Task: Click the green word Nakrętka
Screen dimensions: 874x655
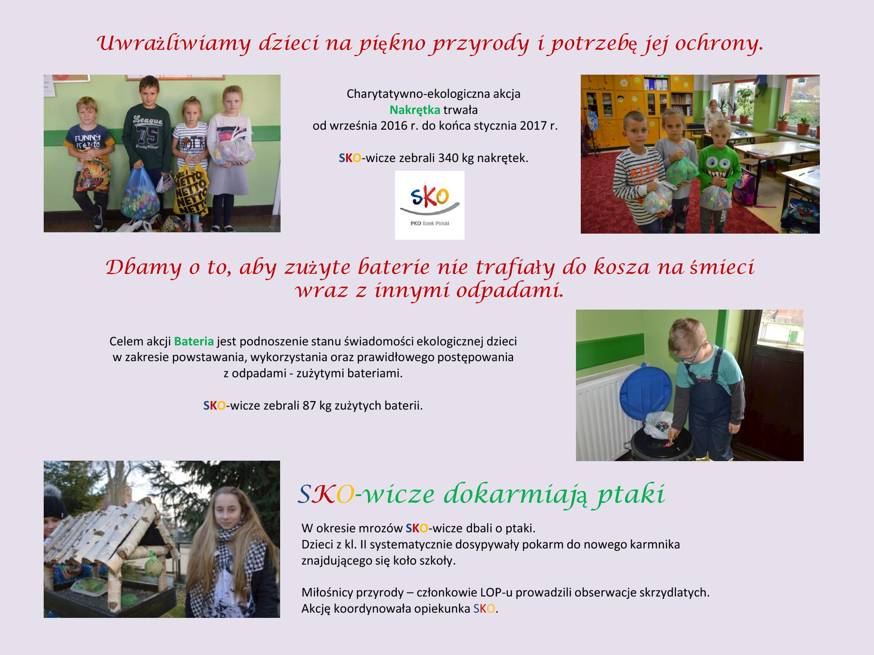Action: [415, 110]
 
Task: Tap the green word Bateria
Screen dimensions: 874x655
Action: [194, 341]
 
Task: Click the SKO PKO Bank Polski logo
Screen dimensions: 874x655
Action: [430, 205]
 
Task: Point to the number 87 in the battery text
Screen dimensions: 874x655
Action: [309, 406]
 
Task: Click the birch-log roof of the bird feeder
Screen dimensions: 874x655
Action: [109, 531]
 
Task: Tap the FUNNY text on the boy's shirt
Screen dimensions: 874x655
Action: [87, 138]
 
